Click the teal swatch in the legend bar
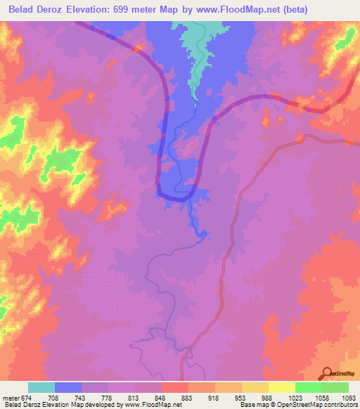tap(41, 387)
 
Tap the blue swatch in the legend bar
tap(68, 387)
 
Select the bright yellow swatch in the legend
tap(282, 387)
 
